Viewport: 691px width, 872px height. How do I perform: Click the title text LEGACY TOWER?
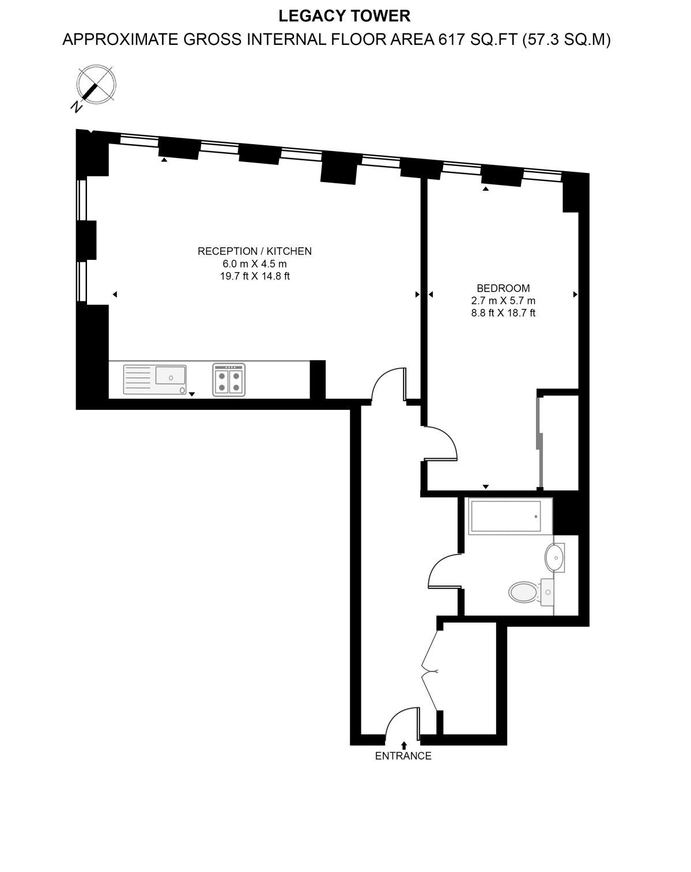pyautogui.click(x=345, y=16)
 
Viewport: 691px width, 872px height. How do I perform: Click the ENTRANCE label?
pyautogui.click(x=403, y=756)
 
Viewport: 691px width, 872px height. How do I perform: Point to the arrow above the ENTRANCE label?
pyautogui.click(x=403, y=745)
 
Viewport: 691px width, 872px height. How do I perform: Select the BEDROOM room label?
pyautogui.click(x=503, y=288)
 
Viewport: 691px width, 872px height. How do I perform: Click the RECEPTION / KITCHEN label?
pyautogui.click(x=255, y=251)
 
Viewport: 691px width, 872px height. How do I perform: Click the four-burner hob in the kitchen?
pyautogui.click(x=229, y=379)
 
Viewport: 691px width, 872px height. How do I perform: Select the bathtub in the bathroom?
pyautogui.click(x=505, y=515)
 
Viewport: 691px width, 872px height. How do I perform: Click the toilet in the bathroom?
pyautogui.click(x=524, y=591)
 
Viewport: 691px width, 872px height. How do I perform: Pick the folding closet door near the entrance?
pyautogui.click(x=430, y=671)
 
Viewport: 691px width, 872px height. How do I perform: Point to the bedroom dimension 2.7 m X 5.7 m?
pyautogui.click(x=503, y=301)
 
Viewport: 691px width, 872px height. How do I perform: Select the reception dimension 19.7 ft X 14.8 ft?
pyautogui.click(x=255, y=276)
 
